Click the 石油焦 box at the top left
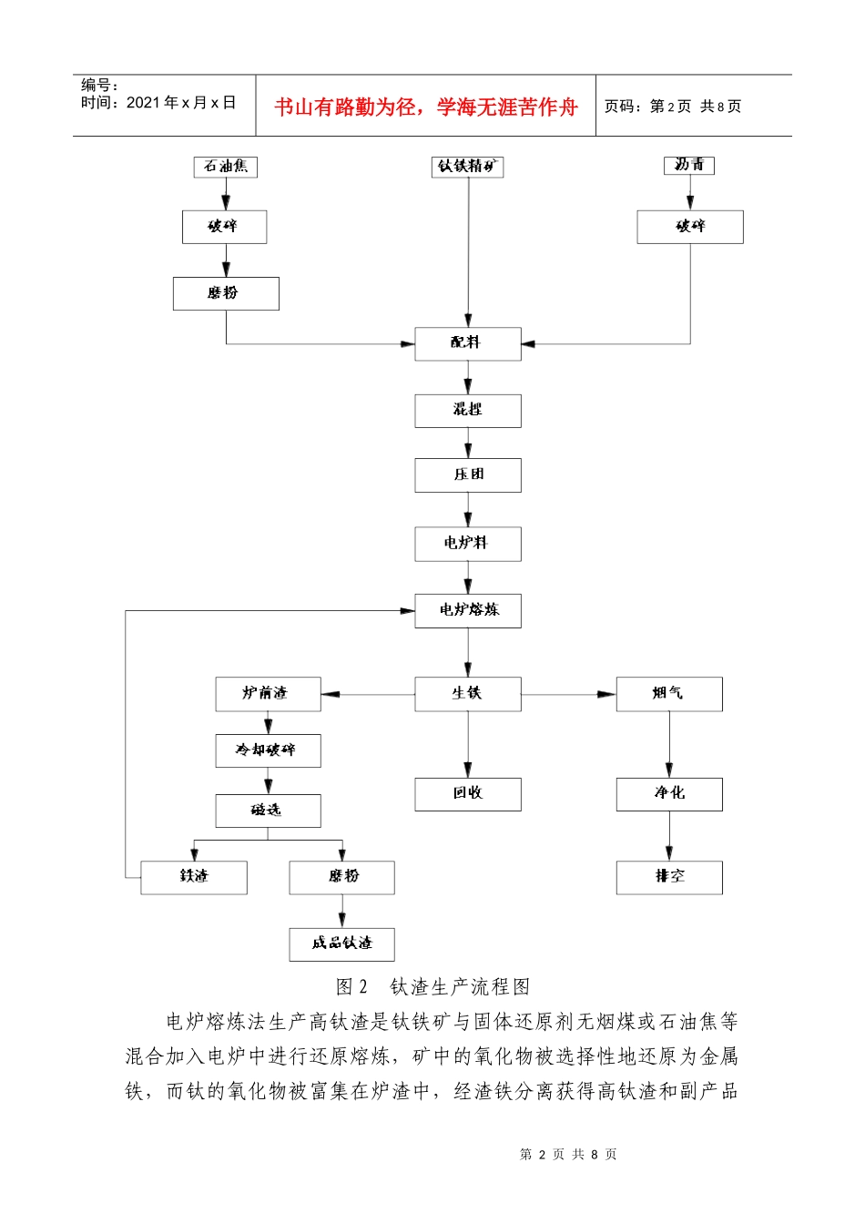pyautogui.click(x=226, y=167)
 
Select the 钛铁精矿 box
pyautogui.click(x=467, y=167)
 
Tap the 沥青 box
pyautogui.click(x=689, y=165)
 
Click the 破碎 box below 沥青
pyautogui.click(x=689, y=227)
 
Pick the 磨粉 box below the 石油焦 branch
pyautogui.click(x=226, y=293)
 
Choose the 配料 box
pyautogui.click(x=467, y=343)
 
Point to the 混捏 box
pyautogui.click(x=467, y=411)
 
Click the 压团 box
pyautogui.click(x=467, y=475)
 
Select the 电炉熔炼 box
pyautogui.click(x=467, y=610)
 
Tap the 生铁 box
pyautogui.click(x=467, y=694)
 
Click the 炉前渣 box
pyautogui.click(x=268, y=694)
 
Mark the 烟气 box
pyautogui.click(x=669, y=694)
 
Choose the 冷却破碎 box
pyautogui.click(x=268, y=750)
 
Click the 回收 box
pyautogui.click(x=467, y=794)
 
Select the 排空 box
pyautogui.click(x=669, y=877)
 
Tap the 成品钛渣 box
pyautogui.click(x=341, y=943)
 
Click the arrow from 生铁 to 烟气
pyautogui.click(x=569, y=694)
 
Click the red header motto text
pyautogui.click(x=426, y=107)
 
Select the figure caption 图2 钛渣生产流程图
pyautogui.click(x=432, y=986)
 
